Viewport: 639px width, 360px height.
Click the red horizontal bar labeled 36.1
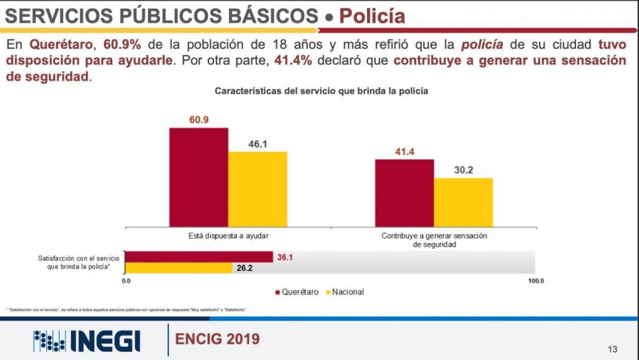coord(199,257)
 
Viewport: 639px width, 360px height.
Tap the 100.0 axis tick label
coord(536,281)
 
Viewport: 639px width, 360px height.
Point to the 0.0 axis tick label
coord(125,281)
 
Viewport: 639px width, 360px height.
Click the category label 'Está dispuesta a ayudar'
coord(228,236)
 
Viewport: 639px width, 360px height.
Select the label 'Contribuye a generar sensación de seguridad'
coord(434,240)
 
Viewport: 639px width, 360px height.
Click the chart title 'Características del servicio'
coord(321,91)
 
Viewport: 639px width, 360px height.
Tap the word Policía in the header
coord(372,16)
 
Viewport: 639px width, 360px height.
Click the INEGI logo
coord(87,340)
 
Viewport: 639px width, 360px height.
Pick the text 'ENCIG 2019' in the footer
coord(217,339)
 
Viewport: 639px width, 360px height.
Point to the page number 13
coord(612,348)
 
